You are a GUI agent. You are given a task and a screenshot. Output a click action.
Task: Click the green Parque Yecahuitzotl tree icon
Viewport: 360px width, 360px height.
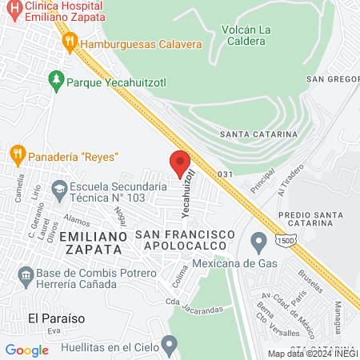tap(55, 80)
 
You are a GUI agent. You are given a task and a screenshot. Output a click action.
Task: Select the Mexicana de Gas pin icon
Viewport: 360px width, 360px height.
tap(258, 240)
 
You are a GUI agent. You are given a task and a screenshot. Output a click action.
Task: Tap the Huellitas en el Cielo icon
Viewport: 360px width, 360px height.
tap(168, 346)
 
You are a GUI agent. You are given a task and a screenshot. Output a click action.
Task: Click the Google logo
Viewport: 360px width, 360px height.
tap(27, 350)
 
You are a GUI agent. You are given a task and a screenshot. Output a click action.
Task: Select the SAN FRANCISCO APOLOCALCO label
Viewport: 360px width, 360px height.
tap(185, 240)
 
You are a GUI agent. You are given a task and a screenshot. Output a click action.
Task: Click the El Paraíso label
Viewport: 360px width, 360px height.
tap(57, 318)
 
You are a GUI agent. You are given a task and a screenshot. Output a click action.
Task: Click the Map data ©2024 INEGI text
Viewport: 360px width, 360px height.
tap(312, 354)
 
